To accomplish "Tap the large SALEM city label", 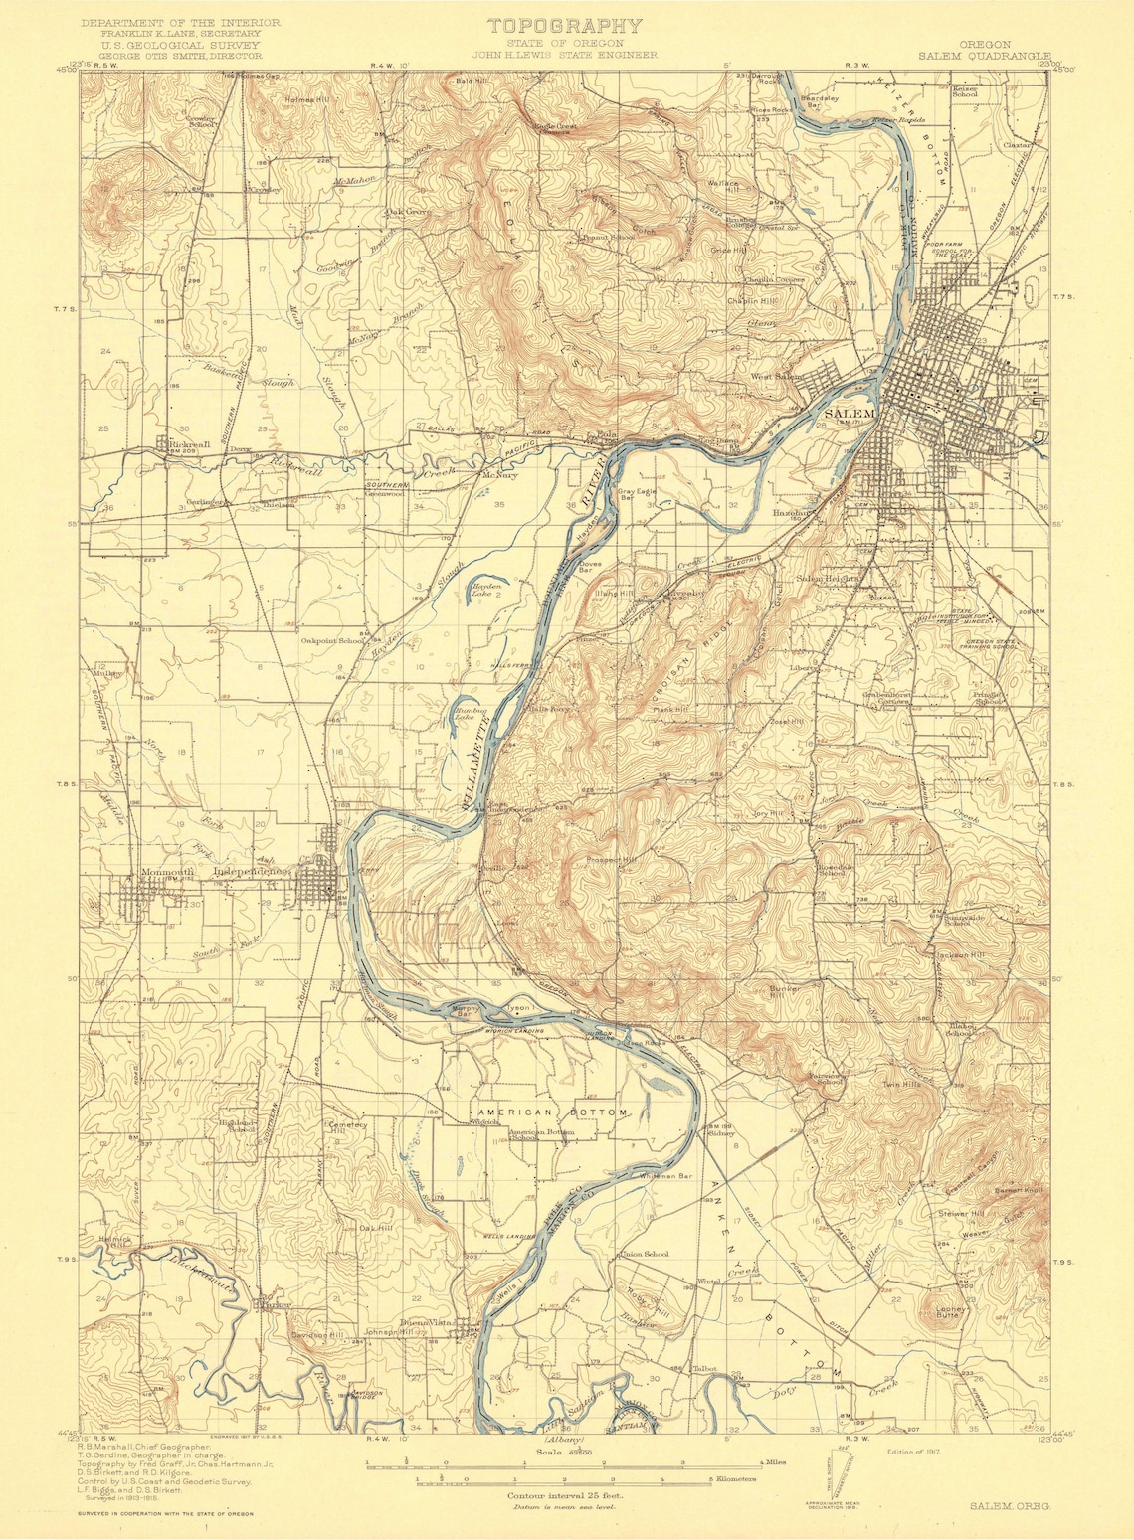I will pyautogui.click(x=849, y=413).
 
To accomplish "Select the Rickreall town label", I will pyautogui.click(x=189, y=444).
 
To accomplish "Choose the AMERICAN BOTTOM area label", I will pyautogui.click(x=552, y=1112).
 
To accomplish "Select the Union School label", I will pyautogui.click(x=645, y=1254).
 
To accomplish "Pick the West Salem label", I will pyautogui.click(x=776, y=377).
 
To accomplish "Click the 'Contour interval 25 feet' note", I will pyautogui.click(x=564, y=1495).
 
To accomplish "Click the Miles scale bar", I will pyautogui.click(x=564, y=1463).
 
